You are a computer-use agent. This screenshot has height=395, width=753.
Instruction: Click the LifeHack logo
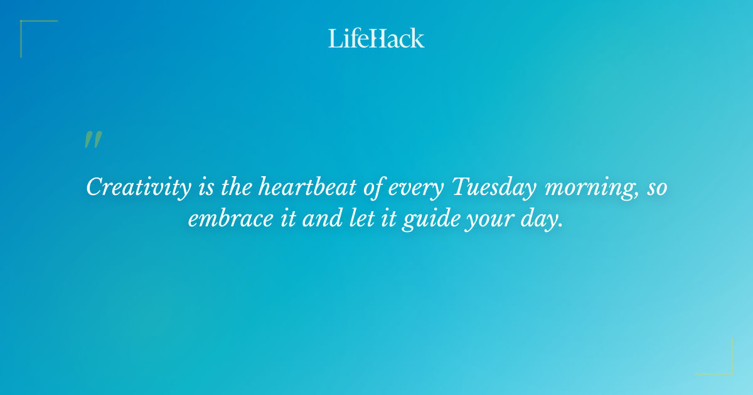coord(376,38)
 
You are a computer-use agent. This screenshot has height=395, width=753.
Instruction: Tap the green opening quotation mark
coord(93,140)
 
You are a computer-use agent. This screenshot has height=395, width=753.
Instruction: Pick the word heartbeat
coord(309,187)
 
